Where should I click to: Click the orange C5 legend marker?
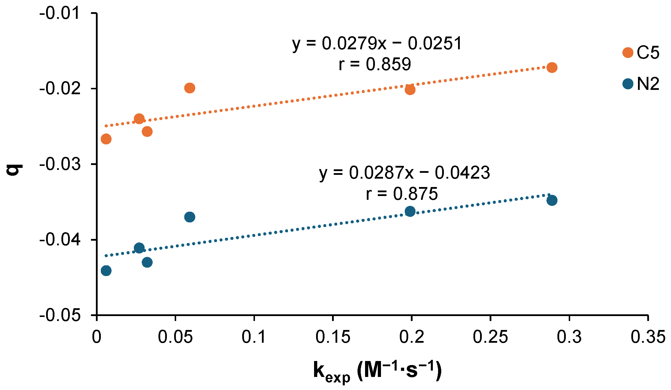pos(628,53)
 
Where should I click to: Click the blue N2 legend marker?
pos(628,84)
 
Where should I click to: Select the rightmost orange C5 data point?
pos(552,68)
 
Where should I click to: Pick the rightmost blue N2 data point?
pos(552,200)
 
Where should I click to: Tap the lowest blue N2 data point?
pos(106,271)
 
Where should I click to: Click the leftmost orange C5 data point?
pos(106,139)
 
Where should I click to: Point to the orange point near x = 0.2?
pos(410,90)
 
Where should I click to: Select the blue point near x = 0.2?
pos(410,211)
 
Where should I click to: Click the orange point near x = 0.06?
pos(189,88)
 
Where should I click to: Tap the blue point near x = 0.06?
pos(189,217)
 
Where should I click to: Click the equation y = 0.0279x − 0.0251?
pos(377,44)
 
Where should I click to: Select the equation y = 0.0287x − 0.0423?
pos(404,173)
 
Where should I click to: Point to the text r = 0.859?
pos(375,64)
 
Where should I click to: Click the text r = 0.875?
pos(402,194)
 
